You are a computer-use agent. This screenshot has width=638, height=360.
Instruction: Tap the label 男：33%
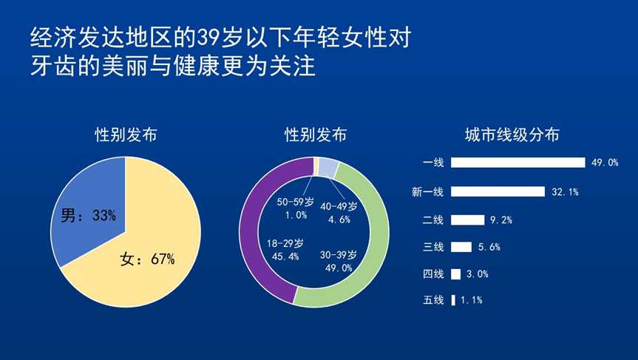point(88,215)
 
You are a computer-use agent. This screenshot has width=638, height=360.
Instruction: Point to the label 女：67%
point(147,259)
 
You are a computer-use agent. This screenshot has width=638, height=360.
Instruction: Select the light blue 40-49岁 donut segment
point(328,168)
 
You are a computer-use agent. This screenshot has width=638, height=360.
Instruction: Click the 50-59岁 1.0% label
point(296,208)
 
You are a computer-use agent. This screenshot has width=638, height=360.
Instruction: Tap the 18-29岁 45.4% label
point(285,250)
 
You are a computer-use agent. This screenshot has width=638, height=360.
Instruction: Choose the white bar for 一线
point(518,163)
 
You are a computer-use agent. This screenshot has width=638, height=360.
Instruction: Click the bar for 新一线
point(498,191)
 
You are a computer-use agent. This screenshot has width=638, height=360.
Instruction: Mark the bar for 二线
point(467,220)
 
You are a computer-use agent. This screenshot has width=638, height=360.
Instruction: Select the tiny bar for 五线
point(453,300)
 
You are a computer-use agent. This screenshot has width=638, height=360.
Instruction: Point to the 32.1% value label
point(565,191)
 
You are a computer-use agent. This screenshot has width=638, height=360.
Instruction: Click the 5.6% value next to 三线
point(489,247)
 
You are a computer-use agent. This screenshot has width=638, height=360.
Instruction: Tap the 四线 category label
point(433,274)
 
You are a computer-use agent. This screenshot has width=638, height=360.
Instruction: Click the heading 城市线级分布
point(512,135)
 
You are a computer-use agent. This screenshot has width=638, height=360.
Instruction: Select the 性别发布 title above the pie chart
point(126,135)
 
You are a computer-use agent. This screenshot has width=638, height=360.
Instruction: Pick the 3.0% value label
point(478,274)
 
